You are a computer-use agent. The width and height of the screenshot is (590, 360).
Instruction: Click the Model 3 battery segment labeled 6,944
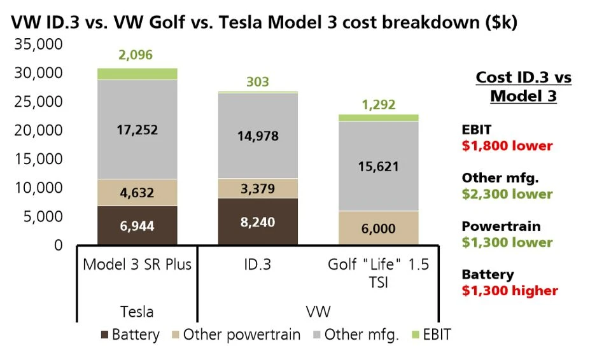[137, 226]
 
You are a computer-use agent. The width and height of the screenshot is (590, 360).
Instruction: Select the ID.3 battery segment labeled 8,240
[258, 222]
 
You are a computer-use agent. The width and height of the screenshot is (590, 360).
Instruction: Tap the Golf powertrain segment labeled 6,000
[378, 228]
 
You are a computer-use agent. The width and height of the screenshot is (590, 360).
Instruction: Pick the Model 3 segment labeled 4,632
[137, 193]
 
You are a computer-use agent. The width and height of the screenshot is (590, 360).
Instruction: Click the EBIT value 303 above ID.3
[258, 82]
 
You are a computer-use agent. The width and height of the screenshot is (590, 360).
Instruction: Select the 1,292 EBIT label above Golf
[378, 104]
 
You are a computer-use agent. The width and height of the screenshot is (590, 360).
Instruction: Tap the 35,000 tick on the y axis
[38, 45]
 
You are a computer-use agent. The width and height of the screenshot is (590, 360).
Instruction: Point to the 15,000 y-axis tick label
[38, 159]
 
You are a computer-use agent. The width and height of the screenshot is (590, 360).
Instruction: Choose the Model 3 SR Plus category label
[137, 265]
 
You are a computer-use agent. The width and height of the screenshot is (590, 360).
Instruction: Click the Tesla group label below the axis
[137, 312]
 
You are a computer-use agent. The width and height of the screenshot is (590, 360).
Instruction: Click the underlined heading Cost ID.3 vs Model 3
[523, 87]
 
